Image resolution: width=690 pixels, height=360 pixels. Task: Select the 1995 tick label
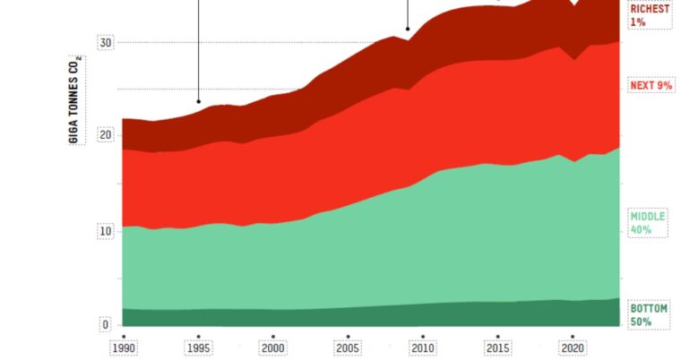click(198, 347)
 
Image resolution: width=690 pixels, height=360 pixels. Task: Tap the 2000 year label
click(273, 347)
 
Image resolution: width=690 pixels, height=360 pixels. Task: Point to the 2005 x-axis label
click(348, 347)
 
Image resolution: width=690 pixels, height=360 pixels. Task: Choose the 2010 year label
click(423, 347)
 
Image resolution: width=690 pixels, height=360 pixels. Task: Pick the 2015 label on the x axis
click(497, 347)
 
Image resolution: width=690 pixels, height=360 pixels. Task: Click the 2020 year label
click(573, 347)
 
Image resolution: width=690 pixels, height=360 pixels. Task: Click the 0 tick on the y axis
click(105, 325)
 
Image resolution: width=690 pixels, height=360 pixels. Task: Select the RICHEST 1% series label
click(650, 15)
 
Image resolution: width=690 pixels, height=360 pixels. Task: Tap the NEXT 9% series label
click(651, 85)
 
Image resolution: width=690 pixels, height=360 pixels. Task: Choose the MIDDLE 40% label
click(647, 223)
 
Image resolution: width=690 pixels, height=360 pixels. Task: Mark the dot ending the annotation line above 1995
click(198, 100)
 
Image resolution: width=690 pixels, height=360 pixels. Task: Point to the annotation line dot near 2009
click(408, 29)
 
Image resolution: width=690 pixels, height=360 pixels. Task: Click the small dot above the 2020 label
click(573, 336)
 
